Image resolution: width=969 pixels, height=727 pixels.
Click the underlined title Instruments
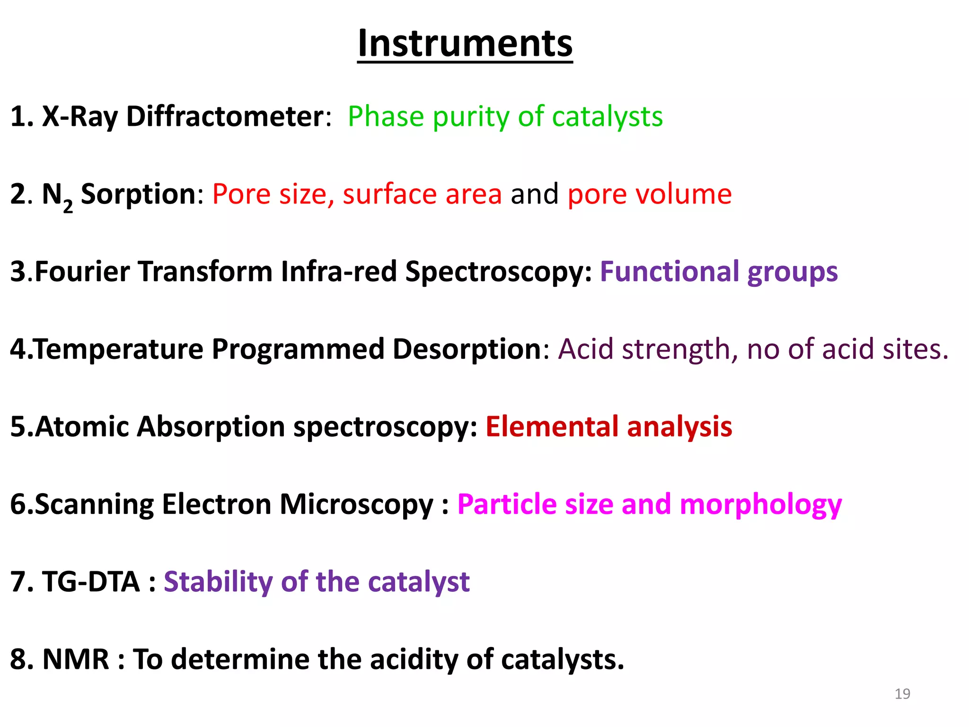(x=465, y=44)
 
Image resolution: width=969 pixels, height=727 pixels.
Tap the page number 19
(x=902, y=694)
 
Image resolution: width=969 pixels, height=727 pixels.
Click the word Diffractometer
(x=225, y=116)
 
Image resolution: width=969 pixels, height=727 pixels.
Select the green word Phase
(x=386, y=116)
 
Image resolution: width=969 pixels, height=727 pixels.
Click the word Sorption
(x=138, y=194)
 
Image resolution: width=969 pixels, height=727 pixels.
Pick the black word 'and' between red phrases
(x=535, y=194)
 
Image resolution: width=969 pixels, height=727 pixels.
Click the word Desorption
(x=467, y=349)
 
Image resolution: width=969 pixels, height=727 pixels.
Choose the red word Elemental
(x=552, y=427)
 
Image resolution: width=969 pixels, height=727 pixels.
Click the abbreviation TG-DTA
(x=91, y=582)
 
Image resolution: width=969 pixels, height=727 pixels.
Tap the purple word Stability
(x=218, y=582)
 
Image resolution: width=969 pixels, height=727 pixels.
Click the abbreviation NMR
(x=76, y=659)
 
